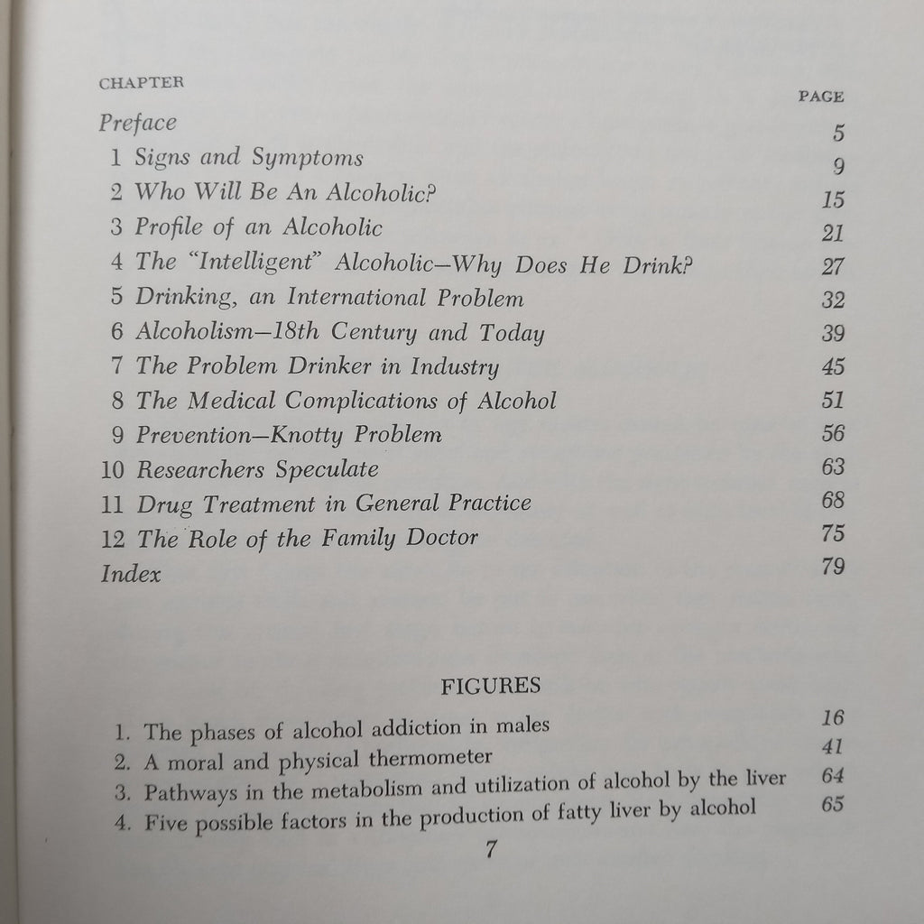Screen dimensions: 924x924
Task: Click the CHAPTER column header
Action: point(142,82)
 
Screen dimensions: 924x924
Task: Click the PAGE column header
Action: point(821,97)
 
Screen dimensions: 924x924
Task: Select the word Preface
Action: point(137,123)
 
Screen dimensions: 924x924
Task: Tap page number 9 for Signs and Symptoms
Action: point(838,167)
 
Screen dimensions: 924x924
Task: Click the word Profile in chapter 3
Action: point(168,227)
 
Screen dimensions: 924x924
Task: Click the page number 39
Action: point(833,333)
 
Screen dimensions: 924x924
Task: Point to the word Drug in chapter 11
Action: point(164,504)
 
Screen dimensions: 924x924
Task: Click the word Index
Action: point(130,573)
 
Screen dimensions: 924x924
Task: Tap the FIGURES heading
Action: point(490,686)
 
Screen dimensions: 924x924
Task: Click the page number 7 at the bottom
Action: point(490,848)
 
